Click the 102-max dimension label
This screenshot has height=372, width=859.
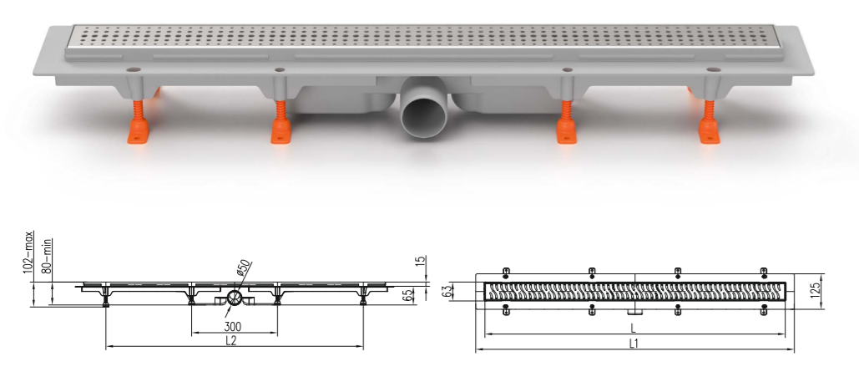[29, 255]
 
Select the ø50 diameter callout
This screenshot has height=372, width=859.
[243, 268]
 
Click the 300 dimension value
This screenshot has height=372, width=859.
[233, 327]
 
